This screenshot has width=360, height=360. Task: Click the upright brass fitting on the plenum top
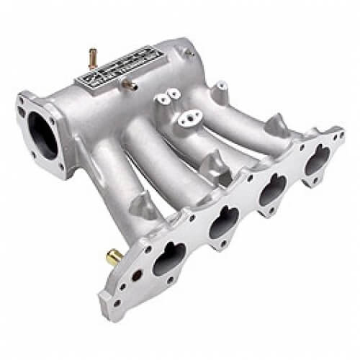tap(92, 55)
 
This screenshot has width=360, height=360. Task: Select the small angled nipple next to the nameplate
tap(130, 86)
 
